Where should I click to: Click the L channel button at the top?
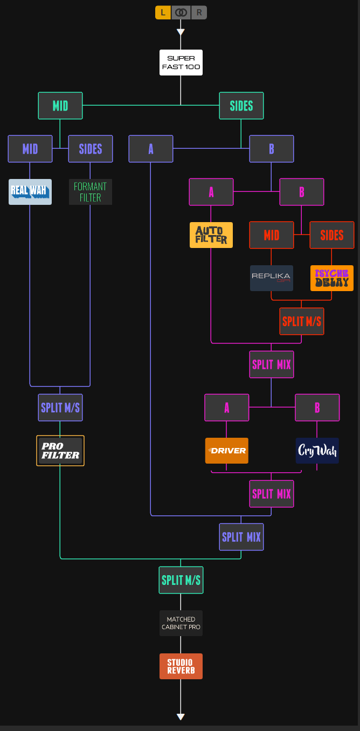(163, 12)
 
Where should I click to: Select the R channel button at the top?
(199, 12)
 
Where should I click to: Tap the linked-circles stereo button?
(181, 12)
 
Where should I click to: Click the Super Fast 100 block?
(181, 63)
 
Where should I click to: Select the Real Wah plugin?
(30, 192)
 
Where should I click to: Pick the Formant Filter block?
(91, 192)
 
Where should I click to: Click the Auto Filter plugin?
(211, 235)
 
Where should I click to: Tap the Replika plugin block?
(272, 278)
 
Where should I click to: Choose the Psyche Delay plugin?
(332, 278)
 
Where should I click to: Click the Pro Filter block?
(60, 451)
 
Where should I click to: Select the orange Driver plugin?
(227, 451)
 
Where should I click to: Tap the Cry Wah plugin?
(317, 451)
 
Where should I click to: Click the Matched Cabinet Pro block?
(181, 623)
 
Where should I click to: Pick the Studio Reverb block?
(181, 666)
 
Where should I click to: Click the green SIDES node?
(241, 106)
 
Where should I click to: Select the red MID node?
(272, 235)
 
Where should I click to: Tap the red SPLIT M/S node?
(302, 321)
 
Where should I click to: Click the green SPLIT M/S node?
(181, 580)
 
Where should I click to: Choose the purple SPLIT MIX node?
(241, 537)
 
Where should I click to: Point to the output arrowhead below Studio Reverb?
(181, 717)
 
